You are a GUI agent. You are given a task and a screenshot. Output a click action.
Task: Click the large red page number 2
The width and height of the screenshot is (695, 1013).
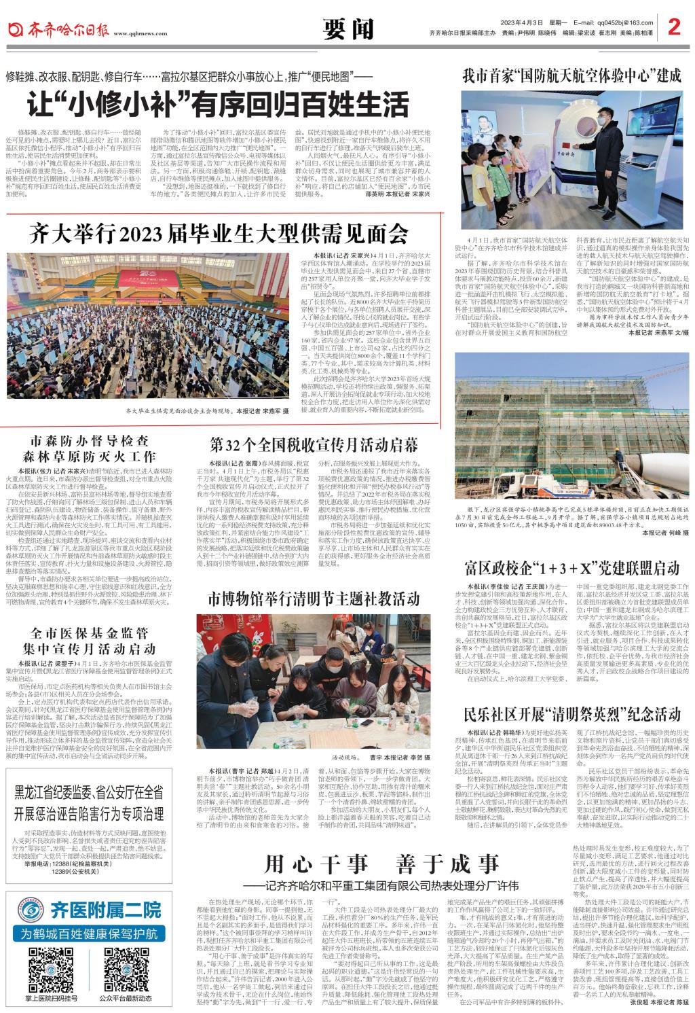point(673,27)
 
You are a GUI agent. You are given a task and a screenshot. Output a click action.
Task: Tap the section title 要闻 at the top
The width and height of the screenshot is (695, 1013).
point(349,29)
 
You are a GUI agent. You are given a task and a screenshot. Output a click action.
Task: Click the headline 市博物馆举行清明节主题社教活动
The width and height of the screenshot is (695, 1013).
point(314,599)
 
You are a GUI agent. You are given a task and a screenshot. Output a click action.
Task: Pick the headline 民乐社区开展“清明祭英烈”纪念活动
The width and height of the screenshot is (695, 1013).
point(572,713)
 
